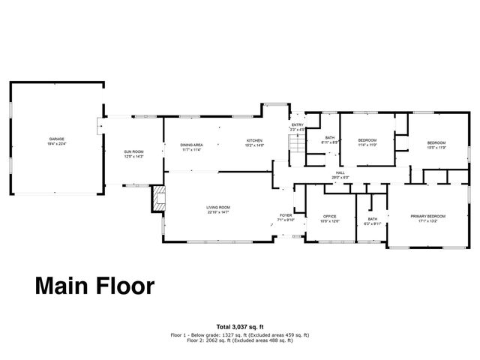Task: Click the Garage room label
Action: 56,140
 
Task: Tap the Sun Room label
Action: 133,153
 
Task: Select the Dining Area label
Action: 192,145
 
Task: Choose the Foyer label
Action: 286,214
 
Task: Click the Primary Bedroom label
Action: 429,217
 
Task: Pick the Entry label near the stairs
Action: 298,125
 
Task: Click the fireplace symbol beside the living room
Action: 158,199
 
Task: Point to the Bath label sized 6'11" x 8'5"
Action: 330,139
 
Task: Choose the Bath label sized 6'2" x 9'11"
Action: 372,220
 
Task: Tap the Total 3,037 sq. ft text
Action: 239,326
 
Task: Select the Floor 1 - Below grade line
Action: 240,334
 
